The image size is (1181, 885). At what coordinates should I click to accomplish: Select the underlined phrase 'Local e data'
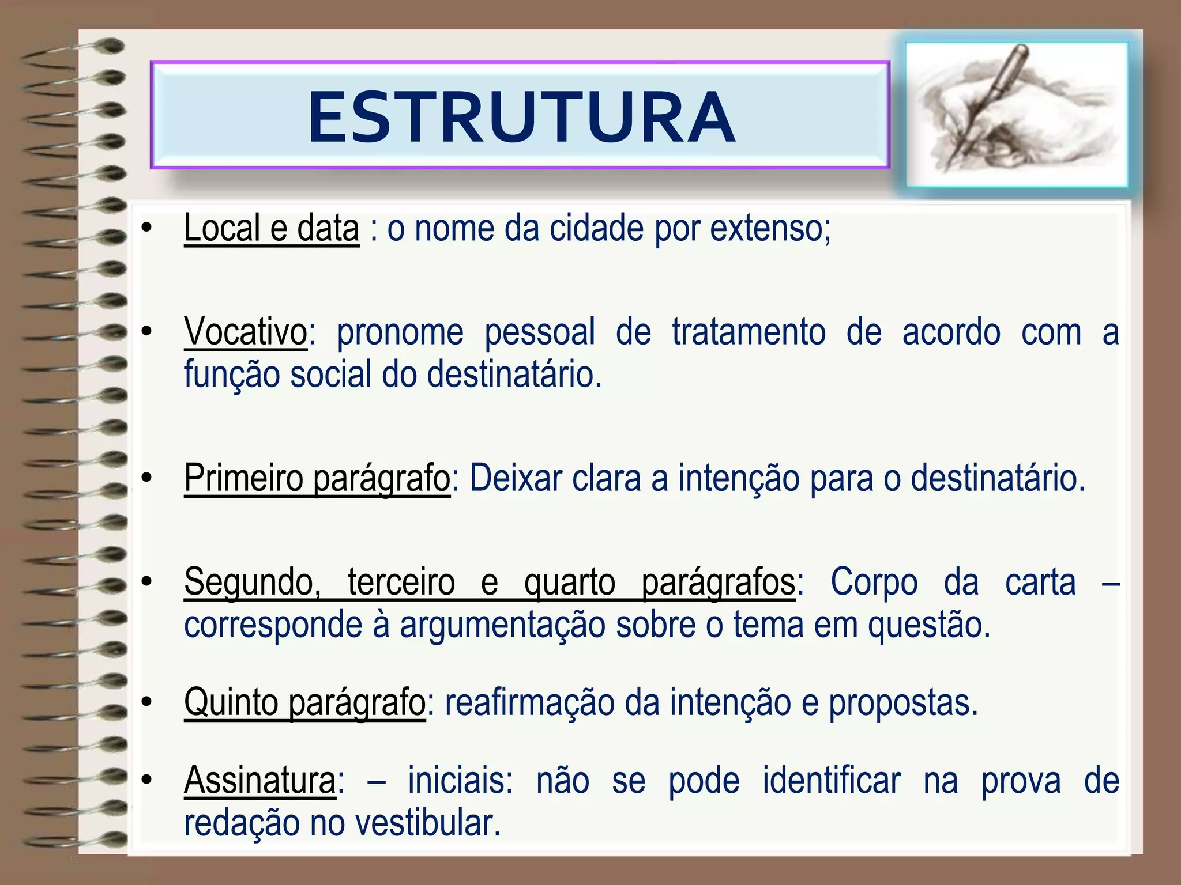tap(271, 228)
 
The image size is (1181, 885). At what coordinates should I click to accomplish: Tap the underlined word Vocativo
tap(246, 332)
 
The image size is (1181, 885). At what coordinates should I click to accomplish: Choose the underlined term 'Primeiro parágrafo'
tap(317, 478)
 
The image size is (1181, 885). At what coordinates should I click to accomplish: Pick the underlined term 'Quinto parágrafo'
tap(304, 702)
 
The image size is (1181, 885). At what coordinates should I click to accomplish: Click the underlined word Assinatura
tap(259, 781)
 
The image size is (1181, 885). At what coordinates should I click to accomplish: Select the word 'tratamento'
tap(749, 332)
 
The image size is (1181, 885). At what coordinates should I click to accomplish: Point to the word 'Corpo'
tap(874, 583)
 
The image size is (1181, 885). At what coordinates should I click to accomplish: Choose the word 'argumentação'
tap(502, 625)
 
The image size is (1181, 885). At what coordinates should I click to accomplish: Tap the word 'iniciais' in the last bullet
tap(460, 781)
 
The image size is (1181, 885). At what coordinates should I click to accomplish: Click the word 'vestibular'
tap(427, 823)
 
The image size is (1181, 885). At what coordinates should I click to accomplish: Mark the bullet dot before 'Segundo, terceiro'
tap(146, 583)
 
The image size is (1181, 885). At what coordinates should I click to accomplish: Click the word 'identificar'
tap(831, 781)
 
